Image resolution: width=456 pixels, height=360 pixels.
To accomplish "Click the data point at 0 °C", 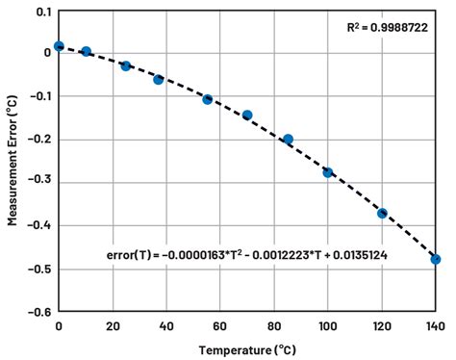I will [x=59, y=45].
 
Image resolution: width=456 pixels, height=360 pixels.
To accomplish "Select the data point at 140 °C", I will [x=435, y=259].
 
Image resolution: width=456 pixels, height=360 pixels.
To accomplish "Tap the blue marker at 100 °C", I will [x=327, y=172].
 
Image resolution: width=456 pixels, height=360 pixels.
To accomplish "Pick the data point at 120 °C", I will [x=382, y=213].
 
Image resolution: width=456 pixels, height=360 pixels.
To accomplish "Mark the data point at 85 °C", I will [x=288, y=140].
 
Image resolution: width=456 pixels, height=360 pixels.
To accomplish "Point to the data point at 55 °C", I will [x=207, y=99].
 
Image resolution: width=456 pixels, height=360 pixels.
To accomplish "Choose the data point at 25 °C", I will [x=126, y=65].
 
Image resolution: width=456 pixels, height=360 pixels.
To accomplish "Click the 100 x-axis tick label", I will [x=327, y=326].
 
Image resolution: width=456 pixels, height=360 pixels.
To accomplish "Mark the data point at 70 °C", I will [x=247, y=115].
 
